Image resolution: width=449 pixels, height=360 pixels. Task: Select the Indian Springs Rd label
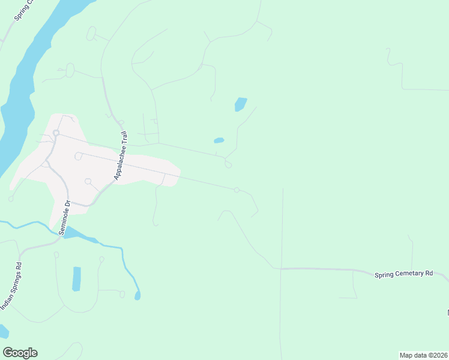point(11,286)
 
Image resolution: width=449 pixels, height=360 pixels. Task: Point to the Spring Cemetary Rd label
point(403,274)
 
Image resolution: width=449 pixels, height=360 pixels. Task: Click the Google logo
point(20,353)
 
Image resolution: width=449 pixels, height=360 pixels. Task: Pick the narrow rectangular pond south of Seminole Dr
point(76,278)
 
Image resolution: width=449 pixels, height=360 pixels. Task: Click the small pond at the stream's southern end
point(137,296)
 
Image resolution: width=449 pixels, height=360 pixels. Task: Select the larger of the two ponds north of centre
point(240,104)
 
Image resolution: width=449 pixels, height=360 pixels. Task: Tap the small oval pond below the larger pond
point(219,140)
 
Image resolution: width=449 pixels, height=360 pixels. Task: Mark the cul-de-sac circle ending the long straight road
point(237,190)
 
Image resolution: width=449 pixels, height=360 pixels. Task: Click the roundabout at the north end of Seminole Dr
point(56,133)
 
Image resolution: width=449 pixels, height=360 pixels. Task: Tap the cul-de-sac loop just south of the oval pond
point(228,165)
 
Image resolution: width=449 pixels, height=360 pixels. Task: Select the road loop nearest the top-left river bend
point(91,34)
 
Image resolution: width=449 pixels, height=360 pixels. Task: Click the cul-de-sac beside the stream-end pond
point(122,294)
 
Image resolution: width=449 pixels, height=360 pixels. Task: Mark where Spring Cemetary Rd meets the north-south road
point(282,268)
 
